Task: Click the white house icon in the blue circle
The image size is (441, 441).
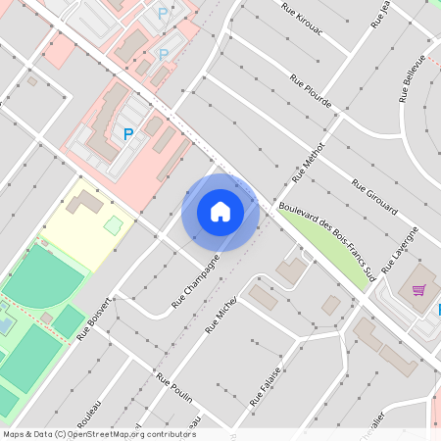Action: click(x=220, y=212)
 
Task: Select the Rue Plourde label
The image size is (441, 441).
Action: click(x=310, y=90)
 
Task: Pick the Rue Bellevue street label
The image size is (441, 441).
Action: click(x=413, y=78)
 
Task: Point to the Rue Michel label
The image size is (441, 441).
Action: click(x=220, y=316)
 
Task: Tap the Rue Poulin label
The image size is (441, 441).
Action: click(x=173, y=389)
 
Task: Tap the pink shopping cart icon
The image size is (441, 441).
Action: click(x=419, y=289)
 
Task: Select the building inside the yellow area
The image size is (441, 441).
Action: click(x=83, y=203)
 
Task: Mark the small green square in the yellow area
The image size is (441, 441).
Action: click(x=114, y=226)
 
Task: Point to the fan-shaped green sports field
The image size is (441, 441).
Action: click(x=43, y=275)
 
